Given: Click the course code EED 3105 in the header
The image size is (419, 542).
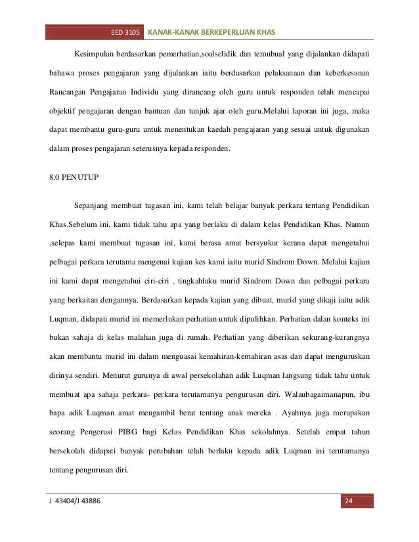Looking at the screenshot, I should coord(125,32).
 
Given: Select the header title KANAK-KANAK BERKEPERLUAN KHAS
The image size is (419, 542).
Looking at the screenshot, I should coord(213,32).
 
